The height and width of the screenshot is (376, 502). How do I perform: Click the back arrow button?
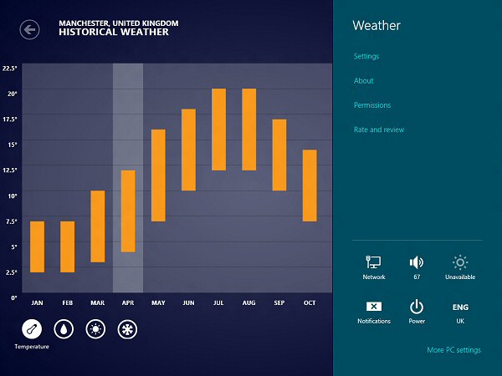coord(30,30)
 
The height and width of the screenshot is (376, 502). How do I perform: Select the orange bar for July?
coord(219,130)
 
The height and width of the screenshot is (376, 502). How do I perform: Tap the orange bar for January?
coord(37,246)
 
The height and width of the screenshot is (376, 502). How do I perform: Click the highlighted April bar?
coord(128,211)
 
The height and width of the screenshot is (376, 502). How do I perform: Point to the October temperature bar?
coord(310,185)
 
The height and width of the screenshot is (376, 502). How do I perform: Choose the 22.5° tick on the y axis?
coord(10,69)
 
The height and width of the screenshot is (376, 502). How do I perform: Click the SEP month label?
coord(279,302)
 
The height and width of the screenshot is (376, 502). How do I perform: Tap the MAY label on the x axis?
coord(158,302)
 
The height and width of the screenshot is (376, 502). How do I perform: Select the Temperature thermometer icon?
coord(31,328)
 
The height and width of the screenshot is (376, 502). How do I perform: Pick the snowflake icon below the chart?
coord(127,328)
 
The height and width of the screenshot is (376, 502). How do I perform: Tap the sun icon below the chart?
coord(95,328)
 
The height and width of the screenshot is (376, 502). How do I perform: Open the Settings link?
coord(366,56)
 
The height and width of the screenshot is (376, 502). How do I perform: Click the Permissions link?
coord(372,105)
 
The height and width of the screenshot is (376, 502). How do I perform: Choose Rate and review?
coord(379,130)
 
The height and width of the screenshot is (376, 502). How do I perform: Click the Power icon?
coord(416,307)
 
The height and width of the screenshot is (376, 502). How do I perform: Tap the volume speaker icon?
coord(416,262)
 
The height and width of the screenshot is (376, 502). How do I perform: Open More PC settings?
coord(453,350)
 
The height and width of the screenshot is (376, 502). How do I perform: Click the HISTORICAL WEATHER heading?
coord(114,33)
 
